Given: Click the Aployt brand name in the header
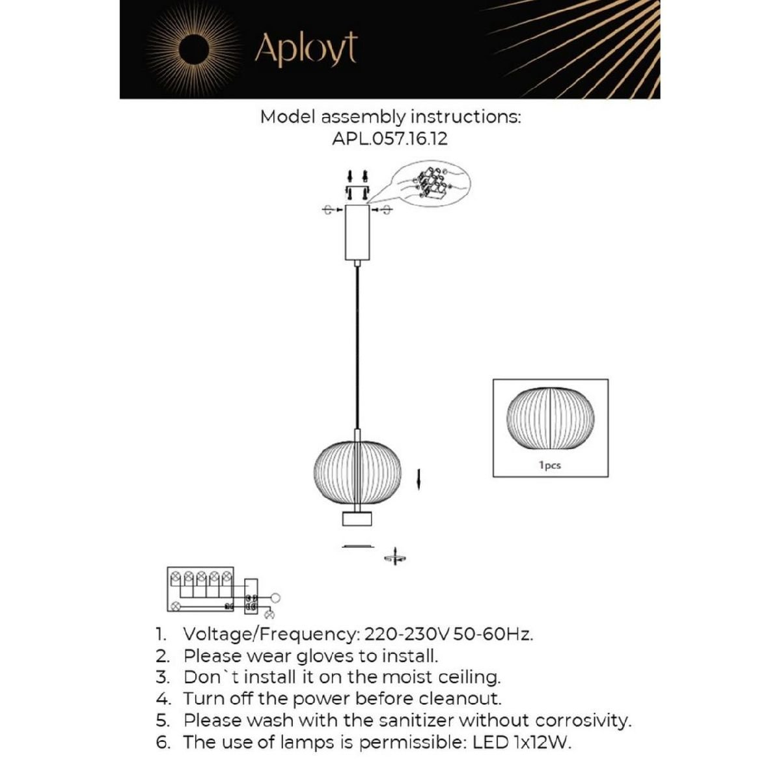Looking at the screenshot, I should [306, 49].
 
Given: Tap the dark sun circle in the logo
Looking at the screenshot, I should [193, 50].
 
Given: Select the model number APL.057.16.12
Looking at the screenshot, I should [390, 139].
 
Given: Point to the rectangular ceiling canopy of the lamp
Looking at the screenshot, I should [357, 232].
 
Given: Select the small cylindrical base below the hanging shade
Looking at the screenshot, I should [357, 519].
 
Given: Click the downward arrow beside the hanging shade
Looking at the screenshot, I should [420, 480].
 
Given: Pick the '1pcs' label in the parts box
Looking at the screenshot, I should [550, 465].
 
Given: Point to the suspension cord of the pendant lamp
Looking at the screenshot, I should [357, 345].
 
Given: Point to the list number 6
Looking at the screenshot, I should [163, 743].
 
